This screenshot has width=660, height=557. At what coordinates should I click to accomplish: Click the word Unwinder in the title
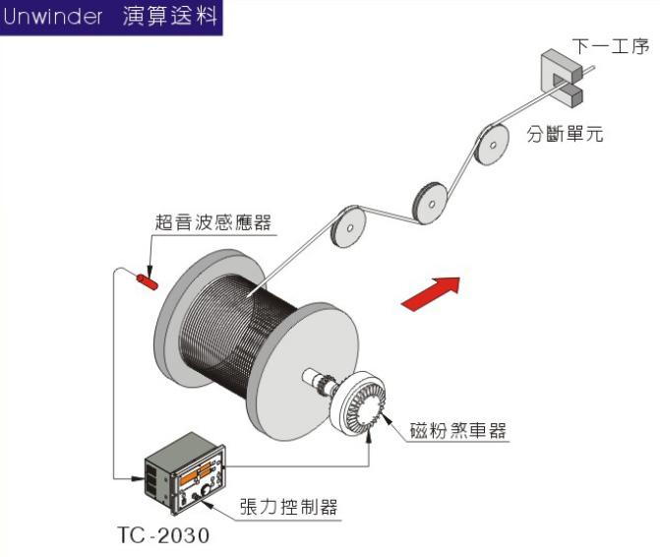click(52, 17)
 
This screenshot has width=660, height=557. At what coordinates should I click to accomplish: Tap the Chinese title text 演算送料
click(170, 17)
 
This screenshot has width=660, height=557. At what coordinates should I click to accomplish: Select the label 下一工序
click(611, 46)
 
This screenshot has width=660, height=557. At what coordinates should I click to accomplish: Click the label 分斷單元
click(565, 134)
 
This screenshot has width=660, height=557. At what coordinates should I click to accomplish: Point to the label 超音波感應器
click(213, 222)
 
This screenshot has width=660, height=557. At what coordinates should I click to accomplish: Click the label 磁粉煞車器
click(458, 430)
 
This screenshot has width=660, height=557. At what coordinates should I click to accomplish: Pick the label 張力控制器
click(289, 507)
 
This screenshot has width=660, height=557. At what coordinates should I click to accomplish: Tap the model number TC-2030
click(163, 535)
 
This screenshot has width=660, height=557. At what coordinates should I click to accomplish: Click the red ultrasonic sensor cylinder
click(147, 281)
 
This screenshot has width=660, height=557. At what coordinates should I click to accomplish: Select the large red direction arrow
click(432, 293)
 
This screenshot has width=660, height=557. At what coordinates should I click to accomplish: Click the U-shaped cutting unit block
click(562, 78)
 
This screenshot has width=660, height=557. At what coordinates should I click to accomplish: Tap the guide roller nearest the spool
click(348, 227)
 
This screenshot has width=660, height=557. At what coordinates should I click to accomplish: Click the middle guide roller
click(430, 204)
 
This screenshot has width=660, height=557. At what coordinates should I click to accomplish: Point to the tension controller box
click(185, 472)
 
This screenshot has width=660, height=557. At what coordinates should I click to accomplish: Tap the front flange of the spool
click(303, 371)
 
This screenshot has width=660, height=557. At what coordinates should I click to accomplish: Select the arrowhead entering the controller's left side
click(138, 478)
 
